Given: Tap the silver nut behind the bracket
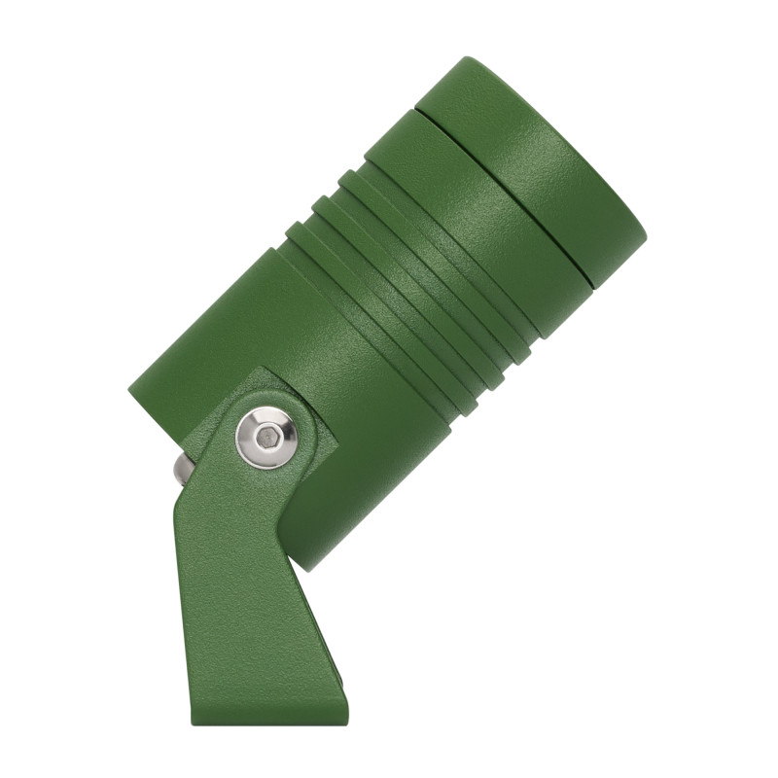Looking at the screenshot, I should tap(182, 469).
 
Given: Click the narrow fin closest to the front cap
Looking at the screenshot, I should tap(438, 263).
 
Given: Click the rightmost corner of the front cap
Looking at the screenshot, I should tap(645, 233).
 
